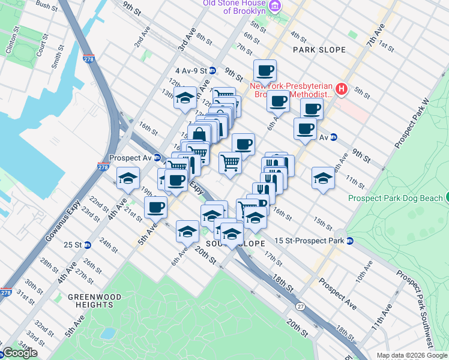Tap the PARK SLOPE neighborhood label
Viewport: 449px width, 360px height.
[x=319, y=50]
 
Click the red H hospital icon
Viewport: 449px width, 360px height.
[x=342, y=89]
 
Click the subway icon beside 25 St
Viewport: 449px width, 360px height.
[x=88, y=245]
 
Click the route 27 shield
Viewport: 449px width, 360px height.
[x=300, y=307]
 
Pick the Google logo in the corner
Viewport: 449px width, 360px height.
[x=19, y=353]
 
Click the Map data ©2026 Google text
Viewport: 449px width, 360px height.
[x=411, y=355]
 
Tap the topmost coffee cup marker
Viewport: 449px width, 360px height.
[x=265, y=71]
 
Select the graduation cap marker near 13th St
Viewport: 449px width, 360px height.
[x=185, y=98]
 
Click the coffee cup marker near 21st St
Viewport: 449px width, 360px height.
[x=155, y=208]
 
